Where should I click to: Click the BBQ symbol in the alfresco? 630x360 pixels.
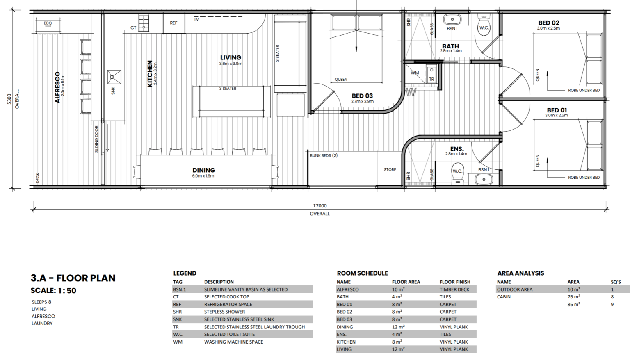[x=48, y=25]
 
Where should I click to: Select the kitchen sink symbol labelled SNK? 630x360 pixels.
[x=114, y=77]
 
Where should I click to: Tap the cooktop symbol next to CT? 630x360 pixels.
[x=144, y=23]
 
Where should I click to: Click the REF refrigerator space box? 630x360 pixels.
[x=174, y=23]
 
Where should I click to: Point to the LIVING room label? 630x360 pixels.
[x=231, y=57]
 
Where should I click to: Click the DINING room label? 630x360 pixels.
[x=203, y=170]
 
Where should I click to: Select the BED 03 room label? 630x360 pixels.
[x=362, y=96]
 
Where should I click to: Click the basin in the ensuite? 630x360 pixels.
[x=484, y=180]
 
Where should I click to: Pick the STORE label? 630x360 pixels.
[x=390, y=170]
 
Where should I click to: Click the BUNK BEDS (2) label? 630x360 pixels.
[x=324, y=155]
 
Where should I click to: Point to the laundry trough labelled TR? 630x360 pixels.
[x=431, y=74]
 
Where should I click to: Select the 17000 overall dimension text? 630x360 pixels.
[x=320, y=206]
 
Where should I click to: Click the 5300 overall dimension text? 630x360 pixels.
[x=9, y=99]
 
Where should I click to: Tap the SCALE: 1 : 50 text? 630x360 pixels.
[x=53, y=291]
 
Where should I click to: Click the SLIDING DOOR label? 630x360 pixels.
[x=96, y=139]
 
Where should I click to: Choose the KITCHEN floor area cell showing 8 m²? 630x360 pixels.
[x=397, y=342]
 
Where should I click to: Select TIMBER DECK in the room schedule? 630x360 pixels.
[x=454, y=289]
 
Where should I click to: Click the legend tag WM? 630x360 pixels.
[x=178, y=342]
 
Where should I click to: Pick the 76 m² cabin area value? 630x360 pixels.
[x=574, y=297]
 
